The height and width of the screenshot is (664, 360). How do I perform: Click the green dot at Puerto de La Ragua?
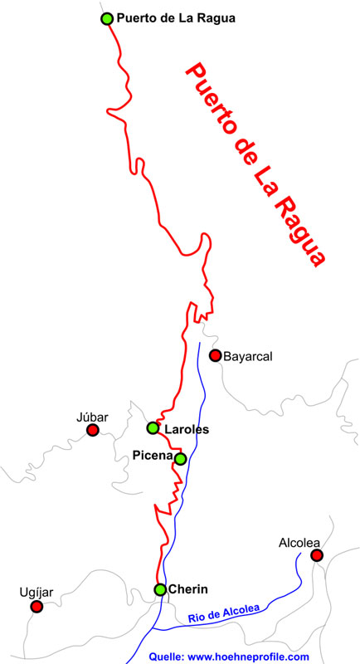[106, 18]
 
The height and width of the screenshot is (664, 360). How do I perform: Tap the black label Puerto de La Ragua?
[176, 17]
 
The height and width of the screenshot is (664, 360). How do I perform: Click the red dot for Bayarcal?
[215, 355]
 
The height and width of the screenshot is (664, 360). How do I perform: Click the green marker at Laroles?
[153, 428]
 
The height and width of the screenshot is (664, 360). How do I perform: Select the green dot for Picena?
[180, 458]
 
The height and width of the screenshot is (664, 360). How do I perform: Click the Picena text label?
[153, 455]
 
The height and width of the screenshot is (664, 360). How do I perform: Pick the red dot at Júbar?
[93, 430]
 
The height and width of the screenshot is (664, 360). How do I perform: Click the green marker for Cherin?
[160, 589]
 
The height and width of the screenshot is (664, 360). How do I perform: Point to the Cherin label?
[187, 589]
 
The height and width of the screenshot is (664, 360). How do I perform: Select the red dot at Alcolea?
[316, 555]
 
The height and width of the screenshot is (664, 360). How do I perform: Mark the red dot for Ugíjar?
[36, 607]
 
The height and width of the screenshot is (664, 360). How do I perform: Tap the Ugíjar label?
[36, 592]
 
